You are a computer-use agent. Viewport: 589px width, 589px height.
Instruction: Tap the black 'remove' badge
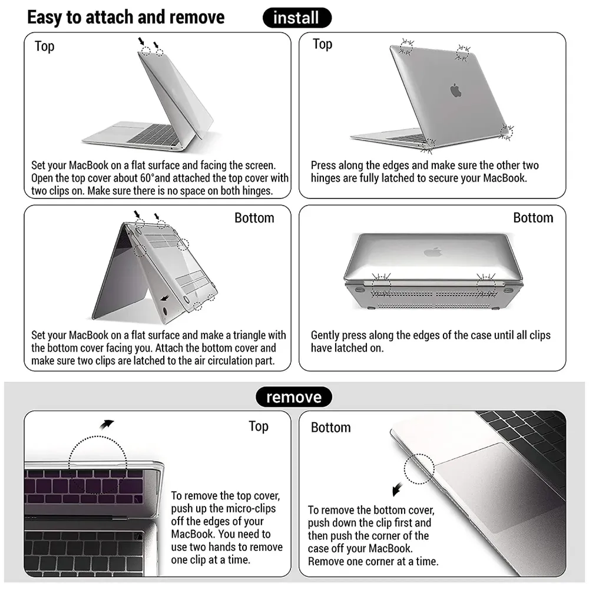click(293, 397)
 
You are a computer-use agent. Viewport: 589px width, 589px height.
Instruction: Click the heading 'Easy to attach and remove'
click(125, 17)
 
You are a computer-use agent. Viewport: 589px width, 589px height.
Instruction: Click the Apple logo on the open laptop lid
click(455, 90)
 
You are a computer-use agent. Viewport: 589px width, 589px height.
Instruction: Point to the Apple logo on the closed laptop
click(432, 252)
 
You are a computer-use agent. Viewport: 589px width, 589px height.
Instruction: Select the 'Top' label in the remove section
click(259, 426)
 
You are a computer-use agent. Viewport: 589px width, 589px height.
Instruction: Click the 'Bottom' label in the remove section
click(330, 427)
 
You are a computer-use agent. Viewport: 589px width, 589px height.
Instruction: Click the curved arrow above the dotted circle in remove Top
click(107, 424)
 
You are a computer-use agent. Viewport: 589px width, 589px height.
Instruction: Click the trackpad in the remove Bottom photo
click(495, 471)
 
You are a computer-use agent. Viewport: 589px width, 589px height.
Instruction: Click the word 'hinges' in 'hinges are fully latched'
click(327, 177)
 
